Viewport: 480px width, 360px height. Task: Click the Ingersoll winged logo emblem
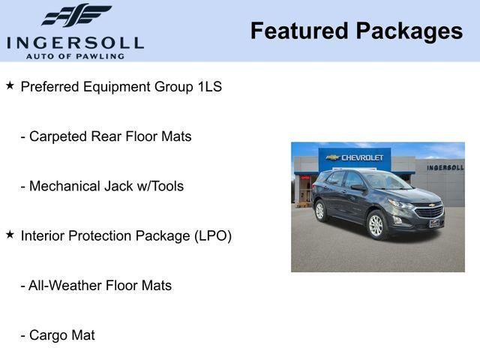(x=76, y=15)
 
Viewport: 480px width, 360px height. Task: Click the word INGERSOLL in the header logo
(x=75, y=42)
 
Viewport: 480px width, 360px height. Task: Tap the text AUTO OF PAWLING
(x=75, y=55)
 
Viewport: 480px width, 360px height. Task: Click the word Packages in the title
(x=409, y=31)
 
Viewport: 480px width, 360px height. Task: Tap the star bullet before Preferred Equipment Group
(x=10, y=85)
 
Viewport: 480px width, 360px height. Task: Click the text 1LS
(x=209, y=86)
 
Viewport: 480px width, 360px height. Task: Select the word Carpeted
(x=58, y=136)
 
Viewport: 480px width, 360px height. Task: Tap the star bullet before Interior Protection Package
(x=10, y=235)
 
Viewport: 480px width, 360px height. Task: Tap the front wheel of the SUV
(x=376, y=225)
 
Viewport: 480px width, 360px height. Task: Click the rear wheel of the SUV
(x=321, y=211)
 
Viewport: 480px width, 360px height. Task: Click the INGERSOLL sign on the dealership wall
(x=445, y=167)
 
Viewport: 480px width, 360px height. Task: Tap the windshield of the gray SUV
(x=385, y=181)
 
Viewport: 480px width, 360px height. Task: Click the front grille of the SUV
(x=429, y=212)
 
